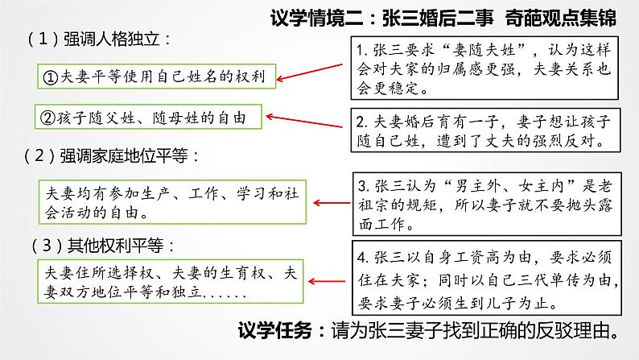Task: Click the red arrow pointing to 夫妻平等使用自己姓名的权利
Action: point(313,70)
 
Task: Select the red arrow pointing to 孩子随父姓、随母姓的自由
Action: point(309,123)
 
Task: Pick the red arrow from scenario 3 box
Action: point(329,201)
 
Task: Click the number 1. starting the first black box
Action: point(363,49)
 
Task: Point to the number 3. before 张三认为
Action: point(363,184)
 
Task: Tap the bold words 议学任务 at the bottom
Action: point(278,330)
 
